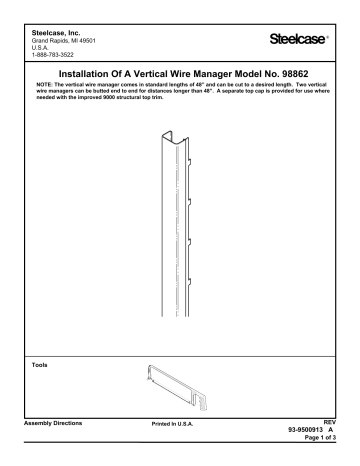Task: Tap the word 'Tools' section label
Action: tap(43, 364)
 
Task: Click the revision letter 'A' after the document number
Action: tap(328, 432)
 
